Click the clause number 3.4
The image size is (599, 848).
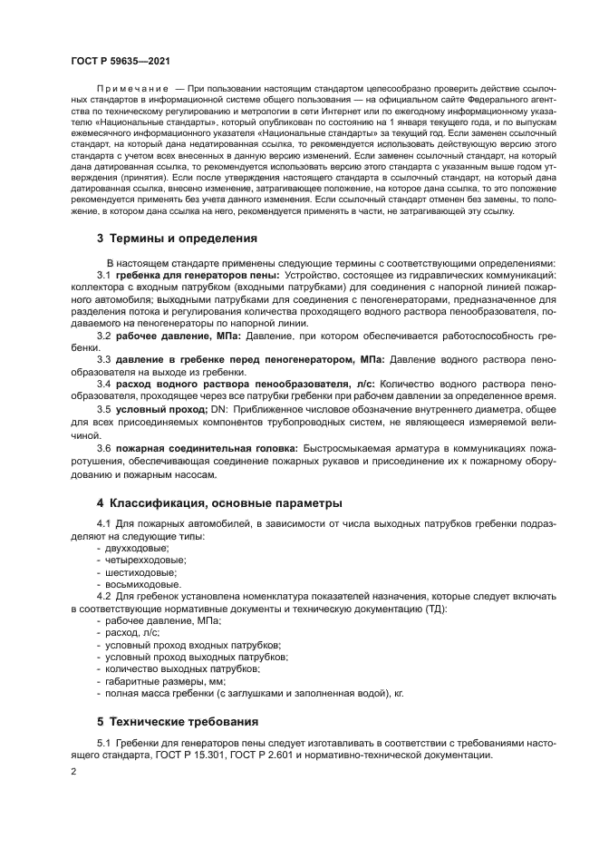(x=104, y=385)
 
